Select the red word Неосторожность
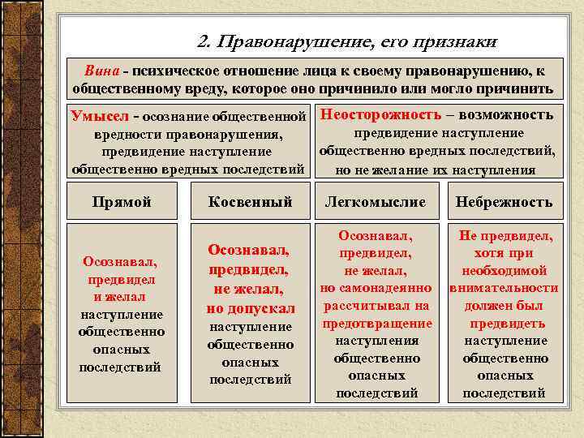click(381, 114)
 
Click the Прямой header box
click(122, 202)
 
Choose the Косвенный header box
click(250, 202)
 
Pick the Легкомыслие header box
click(376, 202)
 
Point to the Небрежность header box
click(504, 202)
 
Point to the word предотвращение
click(377, 324)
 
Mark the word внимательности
click(504, 288)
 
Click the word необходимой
click(504, 271)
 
